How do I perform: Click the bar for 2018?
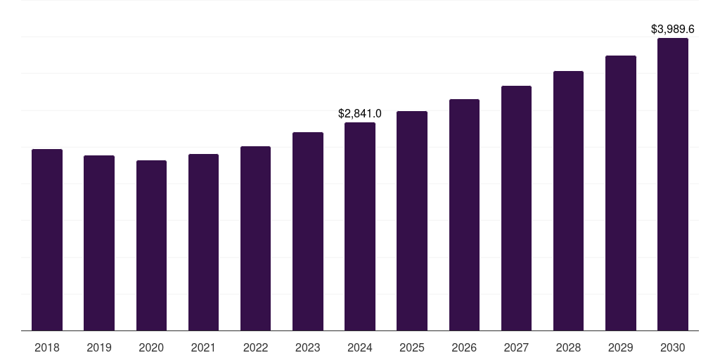[47, 240]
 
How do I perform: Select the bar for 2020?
[151, 245]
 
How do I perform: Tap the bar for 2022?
[255, 238]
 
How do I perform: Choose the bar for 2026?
[464, 214]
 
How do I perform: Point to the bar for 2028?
[568, 200]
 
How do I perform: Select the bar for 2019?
[99, 243]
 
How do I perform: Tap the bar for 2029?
[621, 193]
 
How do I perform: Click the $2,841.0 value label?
[360, 113]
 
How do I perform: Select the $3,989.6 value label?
[673, 29]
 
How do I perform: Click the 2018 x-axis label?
[47, 347]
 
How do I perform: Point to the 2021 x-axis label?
[203, 347]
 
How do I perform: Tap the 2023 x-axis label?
[308, 347]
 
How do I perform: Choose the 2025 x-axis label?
[412, 347]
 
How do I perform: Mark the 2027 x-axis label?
[516, 347]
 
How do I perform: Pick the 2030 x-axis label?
[673, 347]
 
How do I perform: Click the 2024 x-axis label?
[360, 347]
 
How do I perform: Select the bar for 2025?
[412, 221]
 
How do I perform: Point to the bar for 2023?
[308, 231]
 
